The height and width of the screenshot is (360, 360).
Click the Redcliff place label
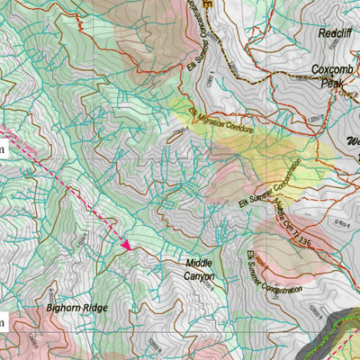tap(334, 33)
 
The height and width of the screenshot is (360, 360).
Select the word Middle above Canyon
tap(200, 263)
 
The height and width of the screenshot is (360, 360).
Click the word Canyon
tap(200, 276)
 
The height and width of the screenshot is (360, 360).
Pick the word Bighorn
tap(64, 308)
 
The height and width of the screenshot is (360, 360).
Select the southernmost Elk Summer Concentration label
tap(272, 276)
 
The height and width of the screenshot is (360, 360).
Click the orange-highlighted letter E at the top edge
tap(210, 4)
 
